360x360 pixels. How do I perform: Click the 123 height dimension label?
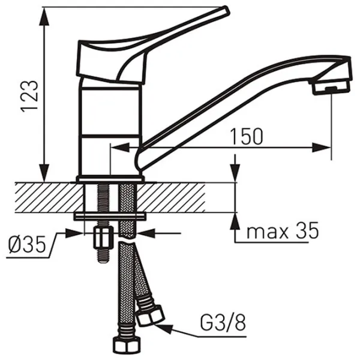(x=29, y=96)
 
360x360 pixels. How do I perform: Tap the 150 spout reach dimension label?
(x=246, y=136)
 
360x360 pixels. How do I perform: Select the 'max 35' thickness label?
(x=283, y=230)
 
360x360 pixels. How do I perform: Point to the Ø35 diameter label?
(x=26, y=245)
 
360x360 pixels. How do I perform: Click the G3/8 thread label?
(x=223, y=323)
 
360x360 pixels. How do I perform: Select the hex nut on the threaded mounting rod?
(x=103, y=238)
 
